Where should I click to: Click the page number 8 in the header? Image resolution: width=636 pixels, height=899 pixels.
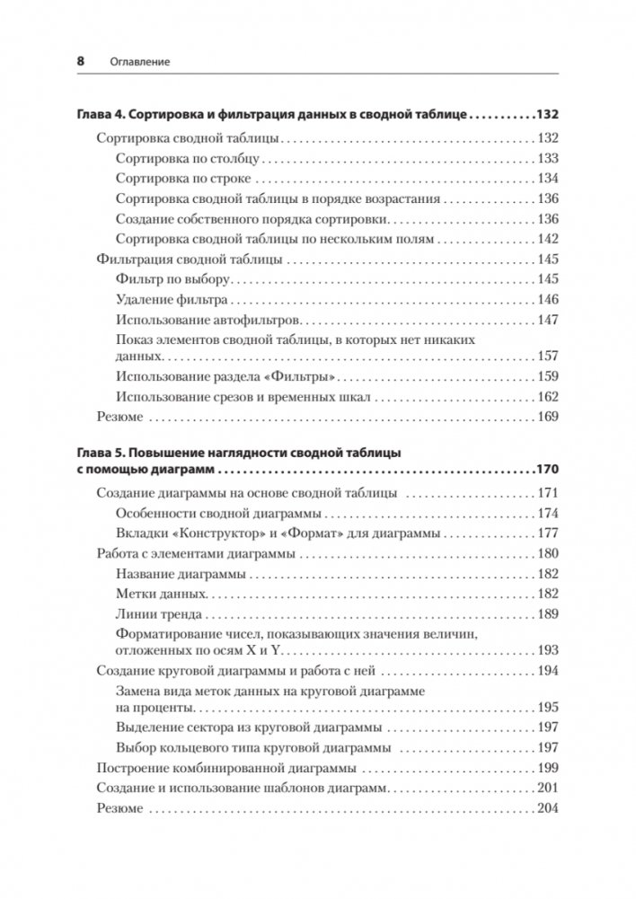tap(81, 61)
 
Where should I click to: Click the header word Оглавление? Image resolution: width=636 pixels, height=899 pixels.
tap(136, 62)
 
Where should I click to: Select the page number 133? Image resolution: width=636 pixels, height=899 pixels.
tap(547, 158)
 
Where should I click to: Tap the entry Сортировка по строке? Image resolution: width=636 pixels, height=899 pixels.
tap(170, 179)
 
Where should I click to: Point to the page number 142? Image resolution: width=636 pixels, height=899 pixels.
tap(547, 239)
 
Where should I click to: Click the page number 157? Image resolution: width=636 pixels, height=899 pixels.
tap(547, 356)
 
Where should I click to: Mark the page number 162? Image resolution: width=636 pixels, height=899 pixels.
tap(547, 396)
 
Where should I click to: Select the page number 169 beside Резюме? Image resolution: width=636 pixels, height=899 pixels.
tap(547, 417)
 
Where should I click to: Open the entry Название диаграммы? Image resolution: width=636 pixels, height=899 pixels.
tap(181, 574)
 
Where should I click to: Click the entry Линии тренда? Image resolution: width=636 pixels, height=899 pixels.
tap(158, 615)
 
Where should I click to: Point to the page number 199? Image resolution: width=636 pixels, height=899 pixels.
tap(547, 768)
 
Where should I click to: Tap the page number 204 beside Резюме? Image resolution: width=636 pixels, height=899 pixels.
tap(547, 809)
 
